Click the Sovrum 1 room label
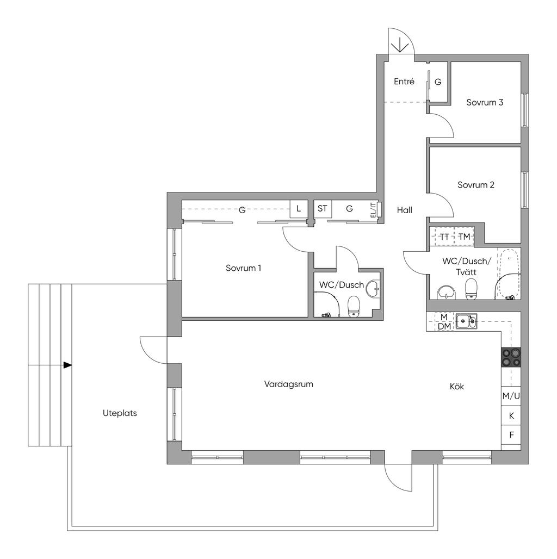pyautogui.click(x=243, y=268)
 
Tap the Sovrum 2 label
pyautogui.click(x=476, y=185)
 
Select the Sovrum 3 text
pyautogui.click(x=485, y=102)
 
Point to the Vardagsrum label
pyautogui.click(x=288, y=384)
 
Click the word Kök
pyautogui.click(x=457, y=387)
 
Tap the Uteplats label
pyautogui.click(x=120, y=413)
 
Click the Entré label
pyautogui.click(x=404, y=81)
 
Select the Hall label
pyautogui.click(x=404, y=210)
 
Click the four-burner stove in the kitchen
pyautogui.click(x=511, y=358)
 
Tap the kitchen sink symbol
pyautogui.click(x=466, y=320)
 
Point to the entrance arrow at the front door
pyautogui.click(x=400, y=45)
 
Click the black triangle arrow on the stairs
pyautogui.click(x=67, y=365)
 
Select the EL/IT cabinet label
pyautogui.click(x=373, y=210)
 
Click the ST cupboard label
pyautogui.click(x=323, y=208)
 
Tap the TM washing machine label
pyautogui.click(x=464, y=237)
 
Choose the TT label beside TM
pyautogui.click(x=444, y=237)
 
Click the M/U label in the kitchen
pyautogui.click(x=511, y=396)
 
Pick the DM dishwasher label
pyautogui.click(x=444, y=326)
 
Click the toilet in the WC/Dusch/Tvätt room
pyautogui.click(x=472, y=289)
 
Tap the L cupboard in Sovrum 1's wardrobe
pyautogui.click(x=299, y=209)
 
